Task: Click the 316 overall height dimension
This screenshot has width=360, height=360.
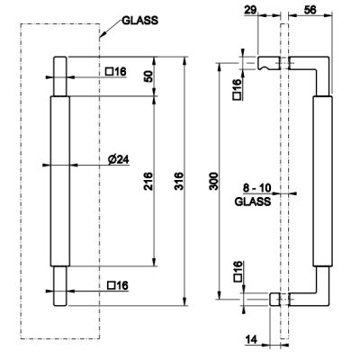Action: coord(178,181)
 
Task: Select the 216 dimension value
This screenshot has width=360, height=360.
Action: coord(148,181)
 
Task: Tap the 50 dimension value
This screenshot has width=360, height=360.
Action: coord(148,76)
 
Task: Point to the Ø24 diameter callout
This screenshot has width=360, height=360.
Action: coord(119,159)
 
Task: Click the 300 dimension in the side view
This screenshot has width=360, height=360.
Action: coord(214,181)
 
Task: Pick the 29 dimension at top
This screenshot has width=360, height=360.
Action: coord(250,10)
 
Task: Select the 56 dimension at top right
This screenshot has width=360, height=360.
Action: coord(310,10)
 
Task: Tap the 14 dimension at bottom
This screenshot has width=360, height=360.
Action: coord(251,339)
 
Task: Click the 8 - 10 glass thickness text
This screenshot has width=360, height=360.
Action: coord(256,188)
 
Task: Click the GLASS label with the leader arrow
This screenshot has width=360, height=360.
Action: coord(139,21)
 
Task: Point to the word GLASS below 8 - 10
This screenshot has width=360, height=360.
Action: coord(253,202)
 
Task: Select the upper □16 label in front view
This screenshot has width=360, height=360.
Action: coord(116,72)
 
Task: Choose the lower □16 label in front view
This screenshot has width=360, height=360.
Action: coord(118,285)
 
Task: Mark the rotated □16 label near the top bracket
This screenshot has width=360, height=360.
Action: coord(237,89)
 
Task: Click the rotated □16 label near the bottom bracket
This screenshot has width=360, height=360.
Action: coord(237,271)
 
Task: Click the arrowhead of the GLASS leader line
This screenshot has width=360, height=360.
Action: coord(100,38)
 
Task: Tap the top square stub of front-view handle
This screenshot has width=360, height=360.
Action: coord(60,76)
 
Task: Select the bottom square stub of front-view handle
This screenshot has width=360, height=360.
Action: coord(60,286)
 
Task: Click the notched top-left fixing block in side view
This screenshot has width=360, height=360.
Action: coord(268,63)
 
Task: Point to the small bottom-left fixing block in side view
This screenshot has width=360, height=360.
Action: coord(274,300)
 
